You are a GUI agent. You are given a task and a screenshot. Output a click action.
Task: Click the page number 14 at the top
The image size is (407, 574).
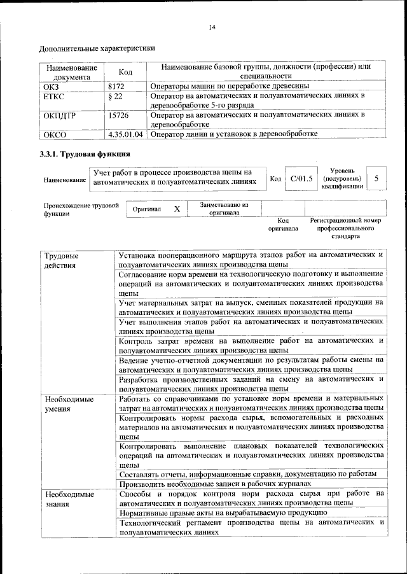click(212, 27)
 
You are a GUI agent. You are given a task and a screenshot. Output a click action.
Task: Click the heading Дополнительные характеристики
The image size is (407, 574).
click(97, 48)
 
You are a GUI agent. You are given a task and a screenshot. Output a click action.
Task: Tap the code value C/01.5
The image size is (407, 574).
click(301, 179)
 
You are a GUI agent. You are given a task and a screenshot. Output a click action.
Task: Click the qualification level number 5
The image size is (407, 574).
click(376, 179)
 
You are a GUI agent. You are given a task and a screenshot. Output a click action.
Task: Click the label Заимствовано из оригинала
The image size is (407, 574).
click(224, 209)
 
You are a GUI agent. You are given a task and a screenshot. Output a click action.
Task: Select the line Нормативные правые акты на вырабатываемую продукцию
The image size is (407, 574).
click(223, 512)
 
